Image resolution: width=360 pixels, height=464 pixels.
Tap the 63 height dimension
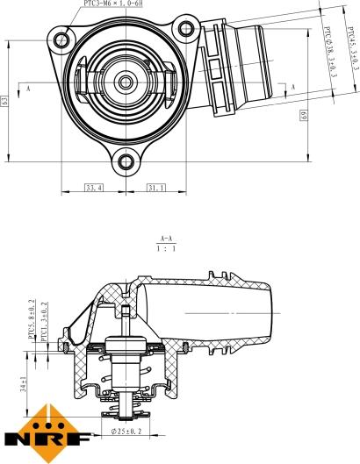[6, 102]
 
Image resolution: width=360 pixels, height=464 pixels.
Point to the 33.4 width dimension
[93, 187]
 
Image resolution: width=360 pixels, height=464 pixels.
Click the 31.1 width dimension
[155, 187]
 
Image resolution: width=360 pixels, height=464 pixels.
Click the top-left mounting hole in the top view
[61, 39]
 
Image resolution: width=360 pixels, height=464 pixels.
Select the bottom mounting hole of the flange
[126, 161]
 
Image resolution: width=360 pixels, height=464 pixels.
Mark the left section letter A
[28, 89]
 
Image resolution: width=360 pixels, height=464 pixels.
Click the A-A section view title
[165, 239]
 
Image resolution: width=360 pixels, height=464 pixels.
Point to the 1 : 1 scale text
[165, 249]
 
